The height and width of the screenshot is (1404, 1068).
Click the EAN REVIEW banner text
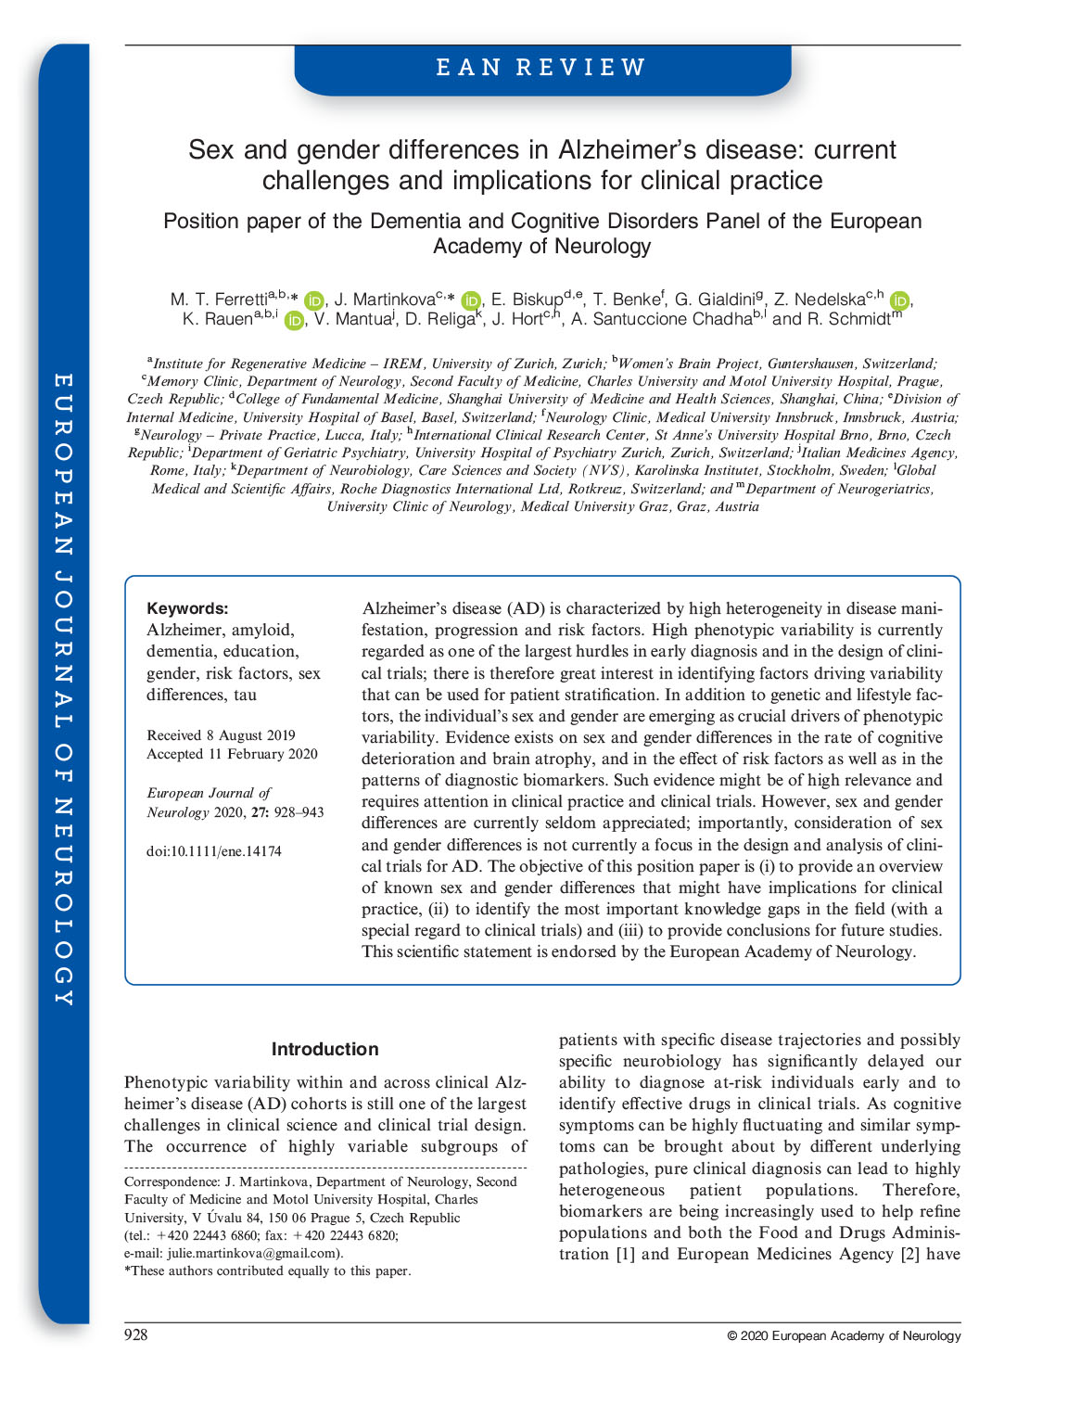(541, 68)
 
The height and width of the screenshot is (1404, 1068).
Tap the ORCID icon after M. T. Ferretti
(314, 300)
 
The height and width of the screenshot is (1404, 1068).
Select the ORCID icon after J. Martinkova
(471, 300)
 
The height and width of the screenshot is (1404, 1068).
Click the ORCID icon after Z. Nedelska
(898, 300)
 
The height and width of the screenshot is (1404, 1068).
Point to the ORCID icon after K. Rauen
(294, 321)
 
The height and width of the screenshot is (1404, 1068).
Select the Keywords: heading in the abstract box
(187, 608)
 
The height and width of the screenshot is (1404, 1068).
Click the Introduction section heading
(324, 1049)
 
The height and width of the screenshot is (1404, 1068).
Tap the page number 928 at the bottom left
(136, 1334)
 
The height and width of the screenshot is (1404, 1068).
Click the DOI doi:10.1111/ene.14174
(214, 851)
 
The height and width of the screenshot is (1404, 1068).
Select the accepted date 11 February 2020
(262, 754)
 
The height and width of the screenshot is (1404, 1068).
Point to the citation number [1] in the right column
(626, 1254)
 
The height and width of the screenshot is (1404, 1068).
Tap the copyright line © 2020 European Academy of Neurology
(844, 1335)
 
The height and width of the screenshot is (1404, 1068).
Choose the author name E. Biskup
(526, 300)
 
